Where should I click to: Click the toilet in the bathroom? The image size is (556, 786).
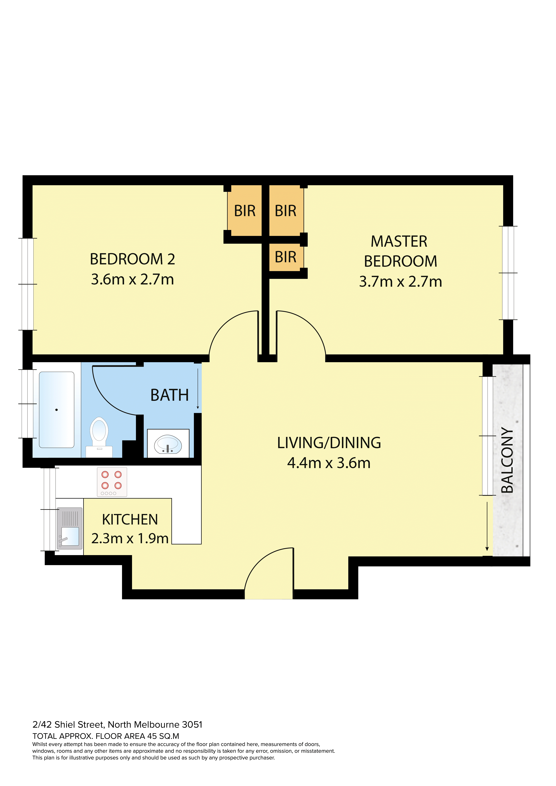pyautogui.click(x=99, y=437)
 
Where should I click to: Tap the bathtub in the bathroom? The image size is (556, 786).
pyautogui.click(x=56, y=410)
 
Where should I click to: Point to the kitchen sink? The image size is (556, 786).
pyautogui.click(x=70, y=528)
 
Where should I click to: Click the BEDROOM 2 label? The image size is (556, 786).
pyautogui.click(x=132, y=259)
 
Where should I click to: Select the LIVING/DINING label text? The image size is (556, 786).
pyautogui.click(x=329, y=443)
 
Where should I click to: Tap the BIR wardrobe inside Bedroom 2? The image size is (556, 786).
pyautogui.click(x=245, y=211)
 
